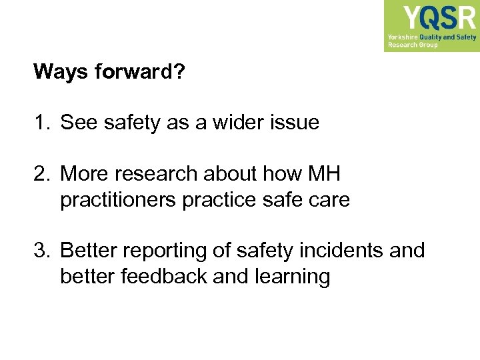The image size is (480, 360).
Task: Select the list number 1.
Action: tap(40, 123)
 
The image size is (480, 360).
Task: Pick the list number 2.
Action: tap(41, 175)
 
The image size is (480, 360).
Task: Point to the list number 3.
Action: tap(41, 251)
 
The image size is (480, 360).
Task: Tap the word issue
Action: tap(296, 123)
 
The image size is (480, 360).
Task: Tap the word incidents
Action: tap(339, 251)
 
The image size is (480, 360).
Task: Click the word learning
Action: tap(293, 277)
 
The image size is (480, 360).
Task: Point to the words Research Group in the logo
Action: tap(413, 45)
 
